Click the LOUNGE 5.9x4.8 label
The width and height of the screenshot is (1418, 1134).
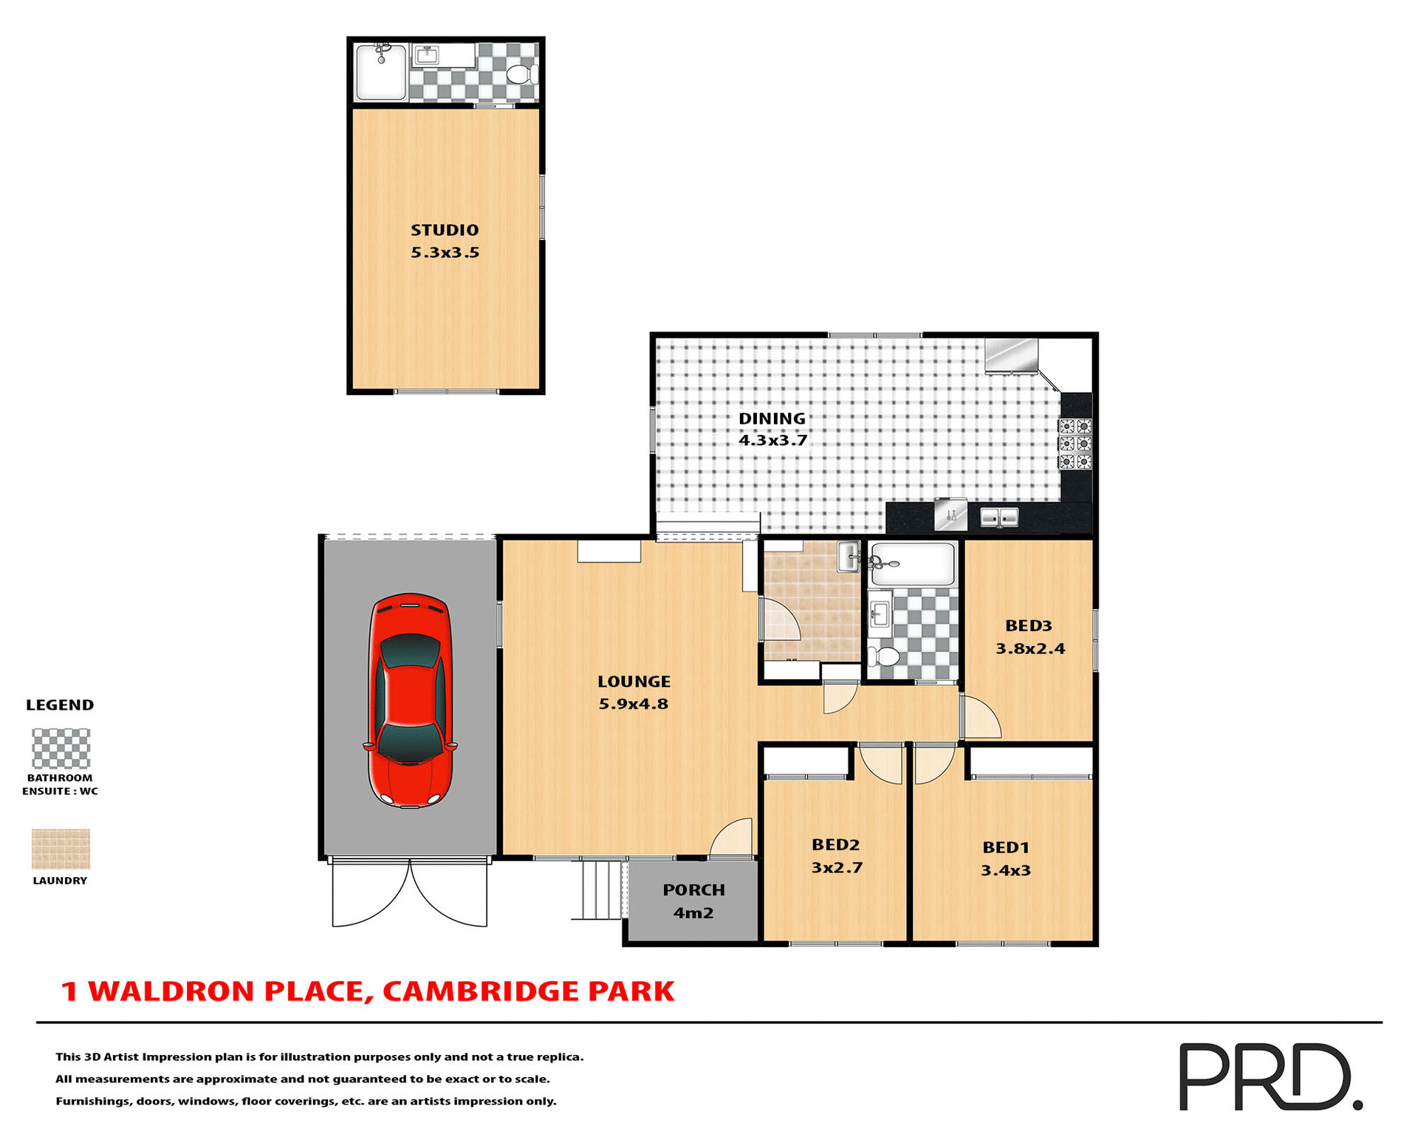coord(634,693)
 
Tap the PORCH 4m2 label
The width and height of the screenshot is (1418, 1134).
coord(693,901)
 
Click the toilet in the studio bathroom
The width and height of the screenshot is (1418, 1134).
coord(522,75)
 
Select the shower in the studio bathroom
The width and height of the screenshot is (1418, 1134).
coord(380,72)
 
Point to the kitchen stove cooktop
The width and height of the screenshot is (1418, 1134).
coord(1075,444)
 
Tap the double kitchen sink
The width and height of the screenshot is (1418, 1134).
coord(999,517)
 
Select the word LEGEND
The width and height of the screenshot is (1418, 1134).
coord(60,705)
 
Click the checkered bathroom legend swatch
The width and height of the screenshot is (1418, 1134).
coord(61,749)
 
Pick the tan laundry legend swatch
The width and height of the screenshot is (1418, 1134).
coord(61,848)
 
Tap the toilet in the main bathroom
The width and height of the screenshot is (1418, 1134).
coord(883,656)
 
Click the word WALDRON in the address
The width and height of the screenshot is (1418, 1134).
coord(172,992)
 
